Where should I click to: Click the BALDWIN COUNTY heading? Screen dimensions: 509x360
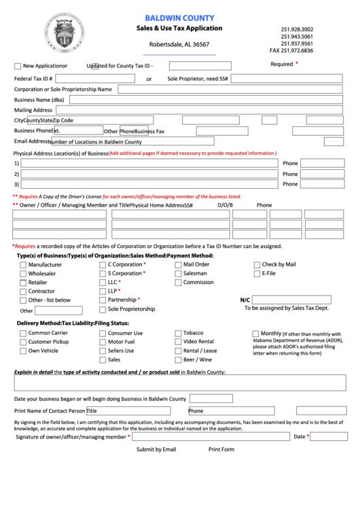coord(179,18)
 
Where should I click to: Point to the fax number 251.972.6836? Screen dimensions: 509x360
coord(291,51)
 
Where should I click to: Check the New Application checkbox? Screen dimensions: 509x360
coord(18,67)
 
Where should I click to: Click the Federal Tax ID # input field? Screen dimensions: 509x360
coord(96,78)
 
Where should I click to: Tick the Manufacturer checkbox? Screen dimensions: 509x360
coord(23,265)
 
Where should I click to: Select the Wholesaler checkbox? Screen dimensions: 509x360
coord(23,274)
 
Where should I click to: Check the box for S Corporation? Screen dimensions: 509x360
coord(103,274)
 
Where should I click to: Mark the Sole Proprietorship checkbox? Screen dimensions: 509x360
coord(103,309)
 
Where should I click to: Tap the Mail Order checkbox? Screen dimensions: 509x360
coord(177,265)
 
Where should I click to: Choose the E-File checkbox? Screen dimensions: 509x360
coord(257,274)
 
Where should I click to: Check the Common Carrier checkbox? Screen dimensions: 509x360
coord(23,334)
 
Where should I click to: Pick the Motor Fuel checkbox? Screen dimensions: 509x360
coord(103,343)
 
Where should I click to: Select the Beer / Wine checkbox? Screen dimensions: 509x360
coord(177,360)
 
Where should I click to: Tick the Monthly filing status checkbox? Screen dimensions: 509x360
coord(255,334)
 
